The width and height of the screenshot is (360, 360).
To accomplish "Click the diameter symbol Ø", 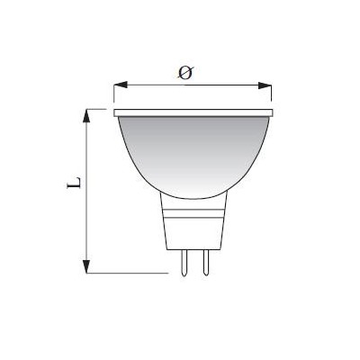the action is coord(185,73).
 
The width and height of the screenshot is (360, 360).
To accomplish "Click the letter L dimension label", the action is coord(74,183).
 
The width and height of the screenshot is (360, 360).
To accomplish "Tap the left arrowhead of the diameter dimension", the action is coord(121,85).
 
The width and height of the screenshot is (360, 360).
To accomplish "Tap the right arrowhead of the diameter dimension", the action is coord(265,85).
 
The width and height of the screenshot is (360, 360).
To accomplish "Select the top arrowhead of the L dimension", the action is coord(86,115).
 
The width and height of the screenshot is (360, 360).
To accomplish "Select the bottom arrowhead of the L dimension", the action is coord(86,266).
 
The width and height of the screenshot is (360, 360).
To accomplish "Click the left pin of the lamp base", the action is coord(184,263).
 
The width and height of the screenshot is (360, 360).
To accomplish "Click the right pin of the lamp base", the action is coord(206,263).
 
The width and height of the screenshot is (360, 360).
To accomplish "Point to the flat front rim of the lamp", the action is coord(193,112).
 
